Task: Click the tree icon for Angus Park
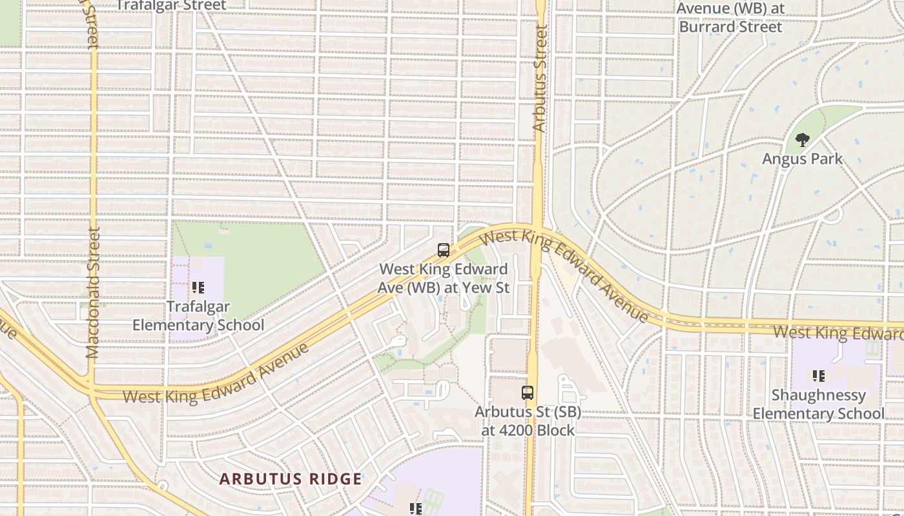point(802,139)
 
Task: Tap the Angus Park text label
point(802,159)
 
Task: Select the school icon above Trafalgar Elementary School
point(198,288)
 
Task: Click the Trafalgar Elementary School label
point(198,315)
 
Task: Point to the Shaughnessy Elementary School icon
point(818,375)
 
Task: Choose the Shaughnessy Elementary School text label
point(818,404)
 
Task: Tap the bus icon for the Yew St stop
point(444,250)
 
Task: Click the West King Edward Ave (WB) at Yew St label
point(444,278)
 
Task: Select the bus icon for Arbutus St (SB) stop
point(528,392)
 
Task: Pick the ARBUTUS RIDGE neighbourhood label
point(291,479)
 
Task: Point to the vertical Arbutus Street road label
point(540,79)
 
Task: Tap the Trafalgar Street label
point(171,6)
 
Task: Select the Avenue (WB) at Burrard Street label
point(730,17)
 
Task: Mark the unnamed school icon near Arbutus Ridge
point(416,509)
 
